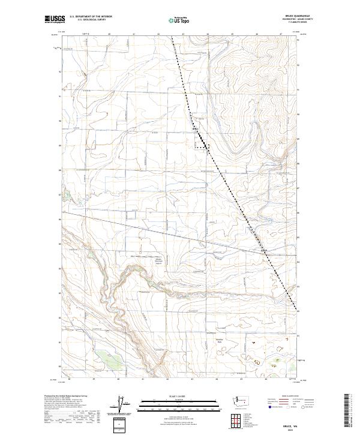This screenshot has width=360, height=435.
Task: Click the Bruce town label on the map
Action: [x=196, y=128]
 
